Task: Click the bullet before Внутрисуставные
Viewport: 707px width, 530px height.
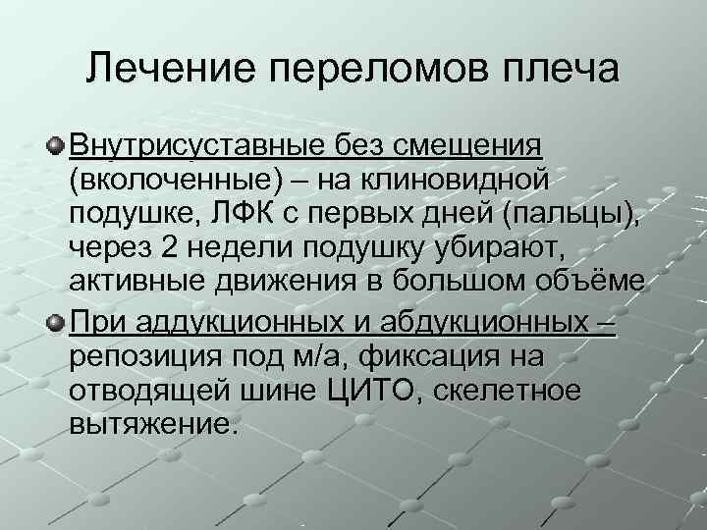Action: pos(57,146)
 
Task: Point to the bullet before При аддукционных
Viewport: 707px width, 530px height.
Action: pos(57,321)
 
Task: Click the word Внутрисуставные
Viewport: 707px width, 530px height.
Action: pos(192,146)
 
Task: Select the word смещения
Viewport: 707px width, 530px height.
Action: pos(467,146)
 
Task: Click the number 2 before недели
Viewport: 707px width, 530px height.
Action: pos(167,246)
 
